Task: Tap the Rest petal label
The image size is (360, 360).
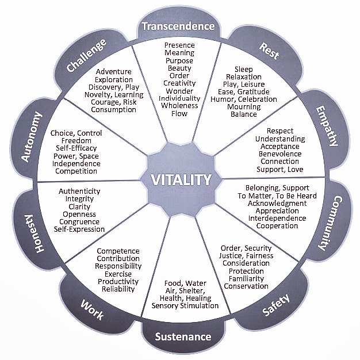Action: (x=269, y=51)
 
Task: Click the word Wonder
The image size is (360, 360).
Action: (x=179, y=91)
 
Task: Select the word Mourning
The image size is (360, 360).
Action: (x=244, y=106)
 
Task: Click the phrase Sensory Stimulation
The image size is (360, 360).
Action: (x=185, y=306)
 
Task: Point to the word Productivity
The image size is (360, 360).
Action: (x=118, y=281)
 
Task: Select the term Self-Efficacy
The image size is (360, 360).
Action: (x=75, y=148)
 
